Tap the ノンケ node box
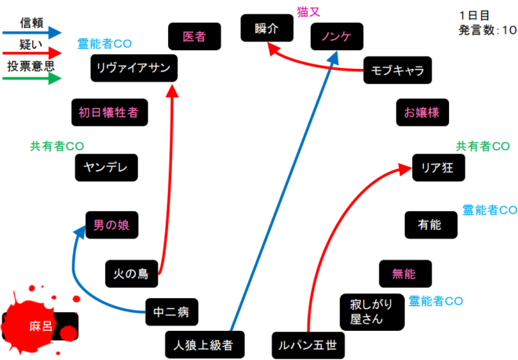335,37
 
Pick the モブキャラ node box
398,71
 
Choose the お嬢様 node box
421,112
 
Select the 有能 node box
429,224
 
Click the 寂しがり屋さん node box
371,312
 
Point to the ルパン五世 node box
308,344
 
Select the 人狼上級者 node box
205,344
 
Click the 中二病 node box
172,312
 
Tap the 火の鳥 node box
131,275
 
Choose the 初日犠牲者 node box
108,113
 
